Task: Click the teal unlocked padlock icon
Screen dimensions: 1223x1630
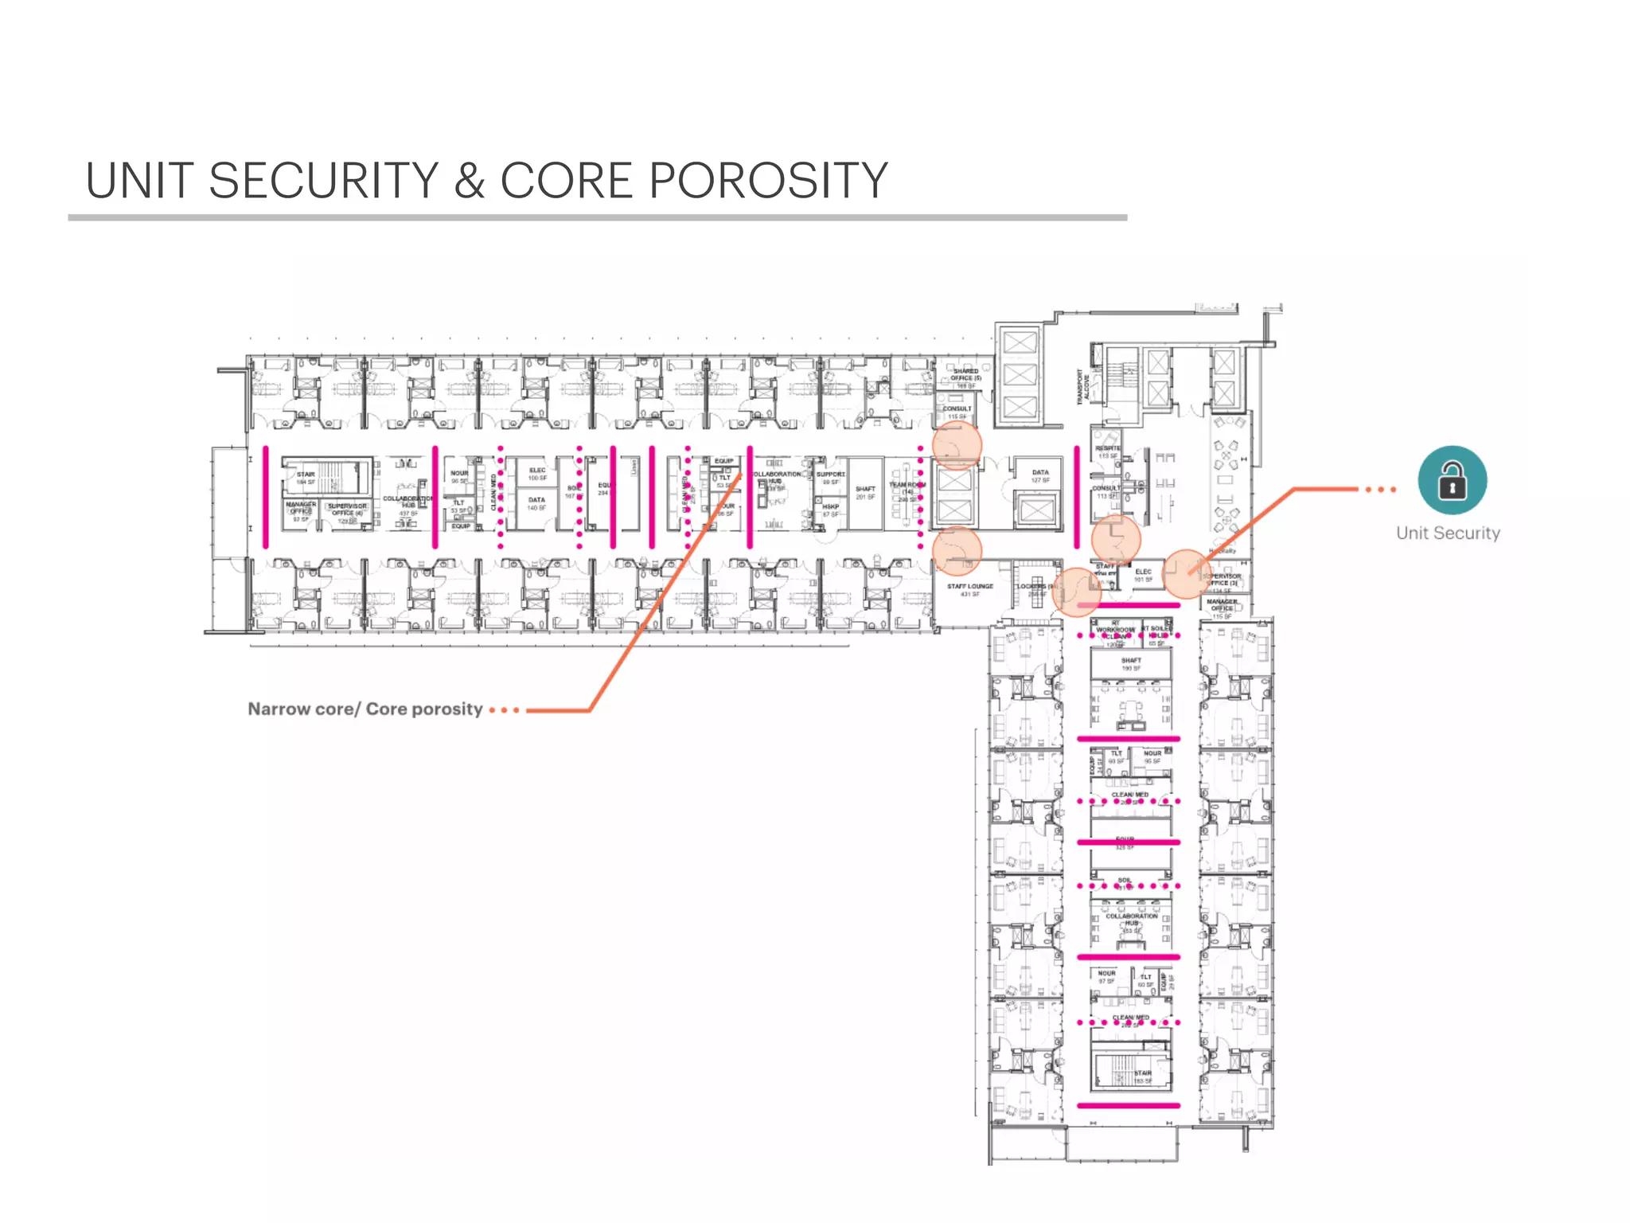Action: point(1452,480)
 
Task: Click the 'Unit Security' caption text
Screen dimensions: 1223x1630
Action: point(1448,533)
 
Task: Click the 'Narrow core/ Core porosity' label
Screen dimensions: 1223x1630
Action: point(365,709)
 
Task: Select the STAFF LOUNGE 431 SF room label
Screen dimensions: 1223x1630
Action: point(969,589)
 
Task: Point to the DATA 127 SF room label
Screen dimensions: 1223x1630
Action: point(1040,476)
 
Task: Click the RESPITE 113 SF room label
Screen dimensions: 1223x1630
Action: point(1108,451)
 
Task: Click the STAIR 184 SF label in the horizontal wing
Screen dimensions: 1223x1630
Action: point(306,478)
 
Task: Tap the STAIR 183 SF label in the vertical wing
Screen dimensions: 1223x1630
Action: point(1143,1076)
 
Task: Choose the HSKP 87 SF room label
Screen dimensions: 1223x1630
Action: point(830,510)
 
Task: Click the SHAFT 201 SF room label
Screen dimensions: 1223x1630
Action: point(865,493)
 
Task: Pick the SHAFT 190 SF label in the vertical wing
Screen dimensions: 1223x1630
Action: point(1131,663)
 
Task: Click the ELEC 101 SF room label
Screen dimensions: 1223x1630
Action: point(1143,575)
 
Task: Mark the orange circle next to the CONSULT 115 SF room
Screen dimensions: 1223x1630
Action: point(957,445)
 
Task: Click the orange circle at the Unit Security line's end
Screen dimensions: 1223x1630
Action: point(1186,573)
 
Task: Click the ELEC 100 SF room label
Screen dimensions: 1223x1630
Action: point(537,474)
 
